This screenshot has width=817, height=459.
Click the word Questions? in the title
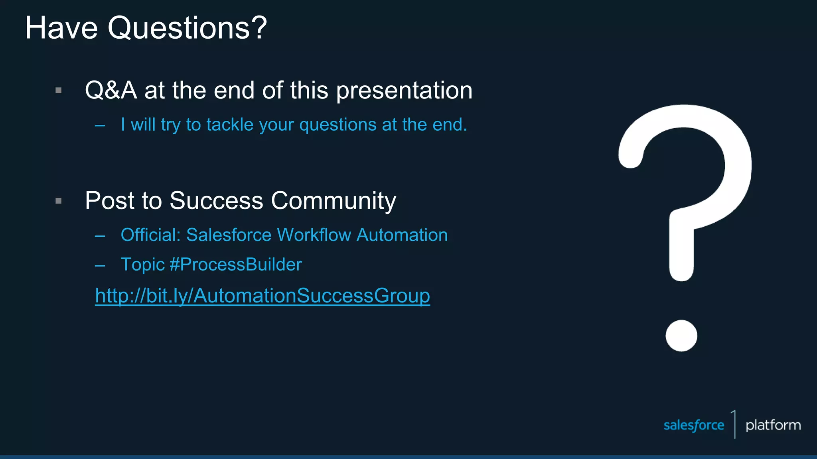pyautogui.click(x=187, y=28)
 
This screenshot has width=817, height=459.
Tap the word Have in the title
pyautogui.click(x=61, y=28)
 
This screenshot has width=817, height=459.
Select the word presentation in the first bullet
pyautogui.click(x=404, y=91)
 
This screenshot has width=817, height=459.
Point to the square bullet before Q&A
pyautogui.click(x=59, y=90)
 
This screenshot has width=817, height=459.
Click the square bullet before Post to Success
pyautogui.click(x=59, y=201)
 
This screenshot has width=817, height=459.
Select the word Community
pyautogui.click(x=334, y=201)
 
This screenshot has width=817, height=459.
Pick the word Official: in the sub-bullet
pyautogui.click(x=151, y=235)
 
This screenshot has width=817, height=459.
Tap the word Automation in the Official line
pyautogui.click(x=402, y=235)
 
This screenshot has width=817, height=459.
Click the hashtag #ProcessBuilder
pyautogui.click(x=235, y=265)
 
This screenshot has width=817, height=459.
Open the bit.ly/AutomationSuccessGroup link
pyautogui.click(x=262, y=296)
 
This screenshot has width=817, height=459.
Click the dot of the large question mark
pyautogui.click(x=681, y=335)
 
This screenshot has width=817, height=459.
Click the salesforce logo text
pyautogui.click(x=694, y=425)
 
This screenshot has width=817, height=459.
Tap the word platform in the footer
pyautogui.click(x=773, y=426)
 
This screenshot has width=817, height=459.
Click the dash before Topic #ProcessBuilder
pyautogui.click(x=100, y=265)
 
